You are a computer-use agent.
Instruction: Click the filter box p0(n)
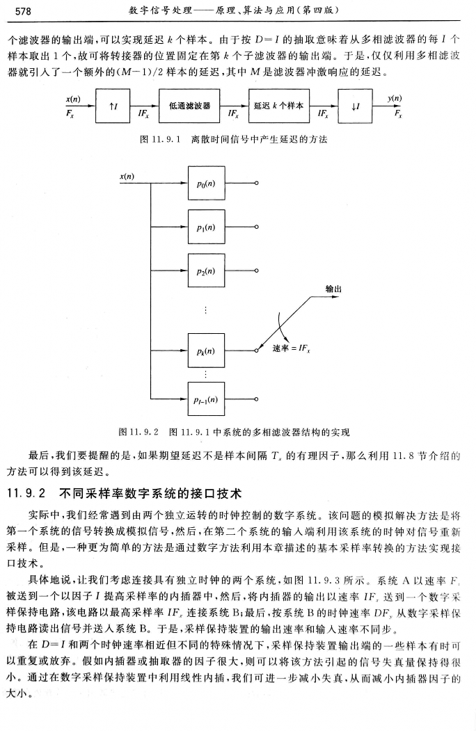click(x=207, y=183)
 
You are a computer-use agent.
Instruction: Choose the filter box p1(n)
click(x=207, y=227)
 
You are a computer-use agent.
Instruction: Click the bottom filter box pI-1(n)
click(x=207, y=400)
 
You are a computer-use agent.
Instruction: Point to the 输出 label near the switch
click(x=335, y=288)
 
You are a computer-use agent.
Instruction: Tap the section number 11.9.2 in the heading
click(x=26, y=495)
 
